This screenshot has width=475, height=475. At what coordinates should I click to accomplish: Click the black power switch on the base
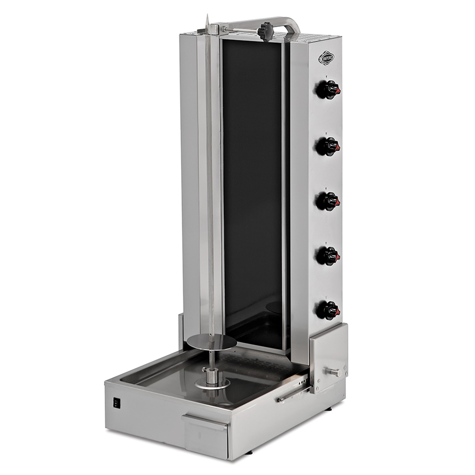pyautogui.click(x=116, y=403)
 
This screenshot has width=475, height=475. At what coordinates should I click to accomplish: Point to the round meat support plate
pyautogui.click(x=211, y=343)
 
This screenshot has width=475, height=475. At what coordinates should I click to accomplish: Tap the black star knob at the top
pyautogui.click(x=266, y=31)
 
